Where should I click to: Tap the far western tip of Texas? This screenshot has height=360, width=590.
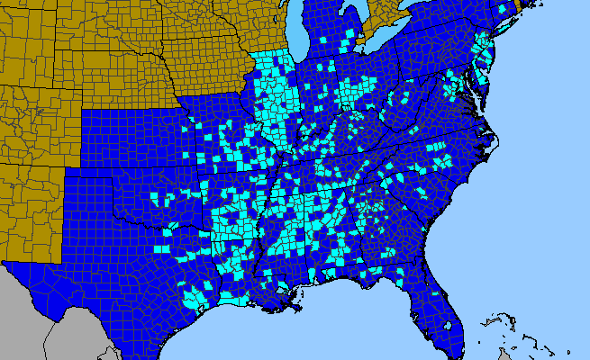click(x=7, y=265)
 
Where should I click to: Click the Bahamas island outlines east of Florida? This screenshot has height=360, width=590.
click(x=518, y=337)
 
